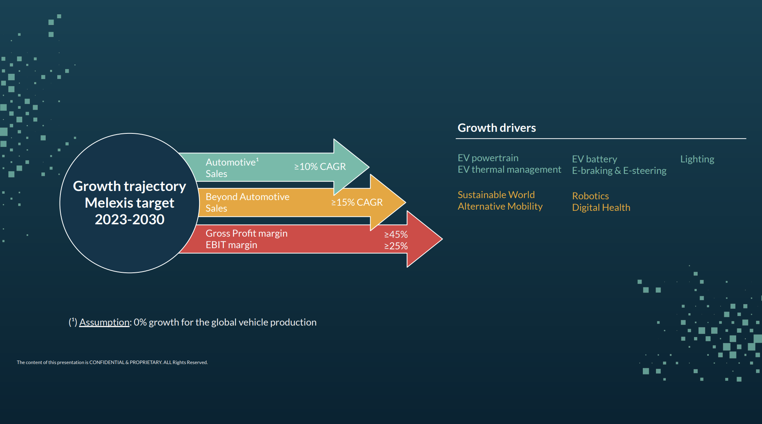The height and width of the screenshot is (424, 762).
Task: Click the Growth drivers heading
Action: (x=497, y=128)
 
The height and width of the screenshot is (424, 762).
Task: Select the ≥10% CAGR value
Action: (x=320, y=167)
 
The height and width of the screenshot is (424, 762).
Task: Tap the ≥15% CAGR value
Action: (x=357, y=202)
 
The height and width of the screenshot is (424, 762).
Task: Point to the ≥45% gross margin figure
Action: (x=396, y=235)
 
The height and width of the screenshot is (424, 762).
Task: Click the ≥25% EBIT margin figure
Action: (x=396, y=246)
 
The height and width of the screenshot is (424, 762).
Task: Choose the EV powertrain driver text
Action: (x=488, y=158)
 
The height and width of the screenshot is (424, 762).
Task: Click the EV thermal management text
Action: (x=509, y=170)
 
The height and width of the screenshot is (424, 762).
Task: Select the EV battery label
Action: (x=594, y=159)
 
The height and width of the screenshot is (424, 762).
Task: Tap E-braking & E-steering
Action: (x=619, y=171)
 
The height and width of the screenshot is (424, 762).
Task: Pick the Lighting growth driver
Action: (x=697, y=159)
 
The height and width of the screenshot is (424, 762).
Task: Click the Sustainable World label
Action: (x=496, y=195)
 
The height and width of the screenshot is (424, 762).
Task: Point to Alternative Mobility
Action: (x=500, y=206)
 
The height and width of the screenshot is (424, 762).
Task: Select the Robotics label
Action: (x=590, y=196)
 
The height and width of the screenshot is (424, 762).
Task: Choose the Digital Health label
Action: (x=601, y=208)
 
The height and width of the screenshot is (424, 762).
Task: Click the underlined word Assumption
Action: (x=104, y=322)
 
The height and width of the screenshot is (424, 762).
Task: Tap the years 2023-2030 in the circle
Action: (x=130, y=220)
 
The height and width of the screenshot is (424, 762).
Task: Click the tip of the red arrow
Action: (x=442, y=239)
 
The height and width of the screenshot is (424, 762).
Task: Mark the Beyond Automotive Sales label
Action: (x=247, y=202)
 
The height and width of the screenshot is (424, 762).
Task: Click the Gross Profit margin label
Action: (x=246, y=233)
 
